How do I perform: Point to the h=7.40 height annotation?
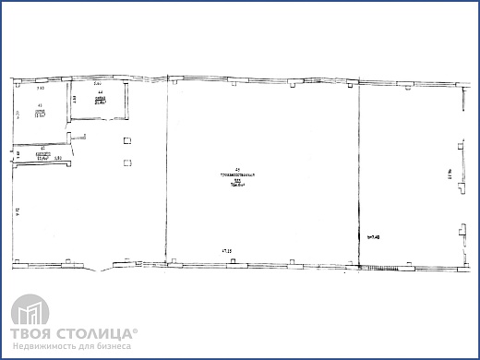(x=374, y=237)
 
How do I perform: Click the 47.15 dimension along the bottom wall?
(x=225, y=249)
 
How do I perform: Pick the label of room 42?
(x=42, y=152)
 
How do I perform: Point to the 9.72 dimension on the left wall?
(x=18, y=212)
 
